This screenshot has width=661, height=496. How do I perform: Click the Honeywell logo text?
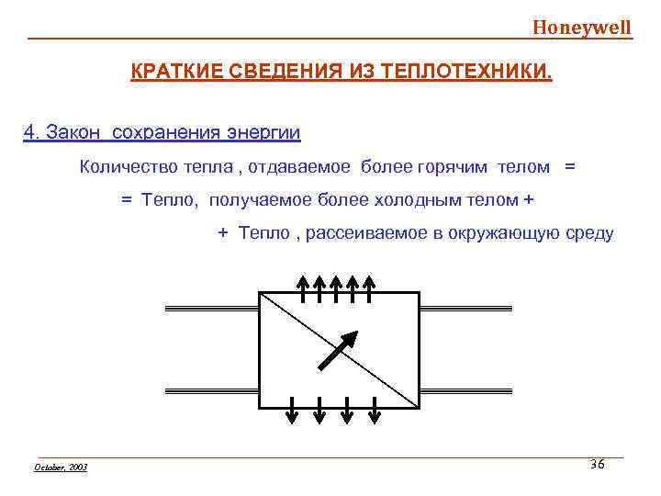point(582,27)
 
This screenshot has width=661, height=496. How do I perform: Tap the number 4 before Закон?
point(28,132)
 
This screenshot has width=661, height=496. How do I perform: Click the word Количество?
point(125,166)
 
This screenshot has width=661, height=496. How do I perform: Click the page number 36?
point(598,465)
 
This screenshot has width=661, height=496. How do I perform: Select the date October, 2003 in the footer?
point(61,468)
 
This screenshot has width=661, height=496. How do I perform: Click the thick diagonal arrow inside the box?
point(337,350)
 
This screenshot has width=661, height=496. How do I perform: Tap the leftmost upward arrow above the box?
point(303,286)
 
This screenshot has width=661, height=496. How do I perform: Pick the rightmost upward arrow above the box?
point(368,286)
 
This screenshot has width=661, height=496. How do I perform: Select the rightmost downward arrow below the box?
point(375,410)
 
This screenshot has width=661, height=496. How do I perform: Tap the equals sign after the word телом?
point(571,166)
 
